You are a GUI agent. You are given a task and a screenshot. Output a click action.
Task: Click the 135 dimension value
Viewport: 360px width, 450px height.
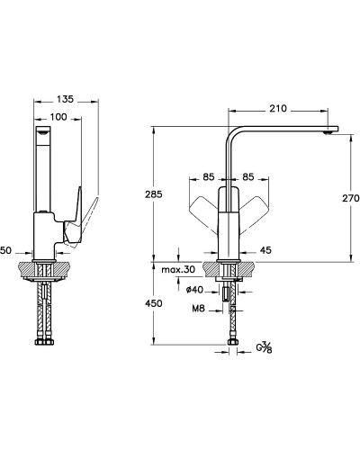pos(65,99)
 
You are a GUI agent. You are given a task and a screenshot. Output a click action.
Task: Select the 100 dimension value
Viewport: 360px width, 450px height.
pos(58,117)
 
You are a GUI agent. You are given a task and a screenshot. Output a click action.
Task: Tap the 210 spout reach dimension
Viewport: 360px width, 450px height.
pos(278,108)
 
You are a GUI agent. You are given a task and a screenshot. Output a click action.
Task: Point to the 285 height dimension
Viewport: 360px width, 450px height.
pos(154,194)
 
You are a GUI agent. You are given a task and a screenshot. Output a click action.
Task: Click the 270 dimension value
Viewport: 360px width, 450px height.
pos(351,198)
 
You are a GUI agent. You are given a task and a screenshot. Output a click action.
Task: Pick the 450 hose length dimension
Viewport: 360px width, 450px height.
pos(154,303)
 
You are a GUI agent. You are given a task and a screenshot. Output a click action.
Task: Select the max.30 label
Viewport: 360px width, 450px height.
pos(178,269)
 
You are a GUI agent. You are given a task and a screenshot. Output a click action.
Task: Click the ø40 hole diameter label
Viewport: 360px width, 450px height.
pos(194,290)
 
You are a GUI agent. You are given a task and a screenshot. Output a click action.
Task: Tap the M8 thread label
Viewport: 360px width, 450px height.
pos(198,308)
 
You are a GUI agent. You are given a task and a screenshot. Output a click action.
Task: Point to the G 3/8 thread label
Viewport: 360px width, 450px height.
pos(264,347)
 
